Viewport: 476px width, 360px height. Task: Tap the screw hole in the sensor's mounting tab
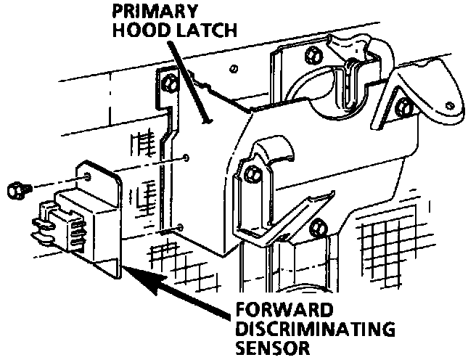click(x=87, y=176)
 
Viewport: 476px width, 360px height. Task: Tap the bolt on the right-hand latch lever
click(x=404, y=110)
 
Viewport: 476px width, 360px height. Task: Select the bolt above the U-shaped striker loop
click(x=313, y=54)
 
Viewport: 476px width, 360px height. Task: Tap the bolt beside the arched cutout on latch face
click(x=252, y=174)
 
